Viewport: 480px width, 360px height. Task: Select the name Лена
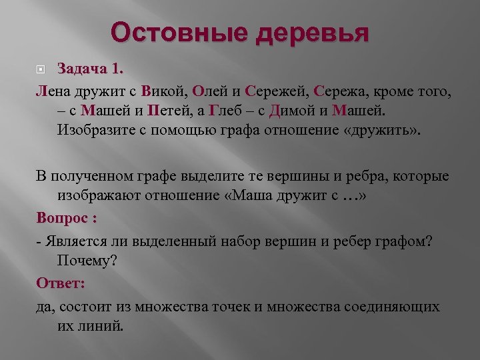(x=53, y=89)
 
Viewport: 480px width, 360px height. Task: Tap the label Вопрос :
(x=67, y=219)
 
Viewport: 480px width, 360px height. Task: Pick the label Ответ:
(x=61, y=283)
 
